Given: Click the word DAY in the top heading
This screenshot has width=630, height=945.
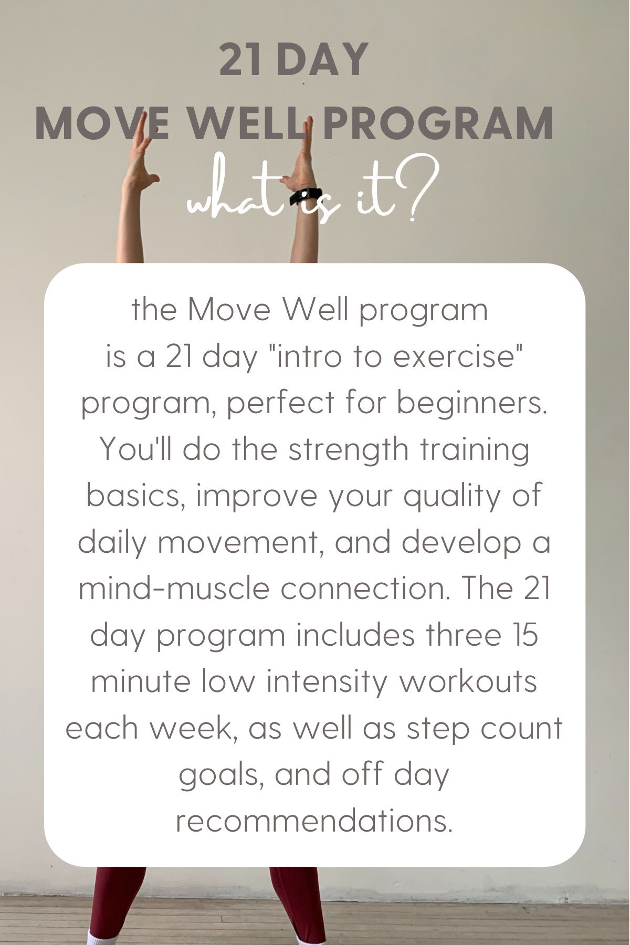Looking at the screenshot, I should point(321,60).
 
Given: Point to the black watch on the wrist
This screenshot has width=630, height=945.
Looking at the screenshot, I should point(308,196).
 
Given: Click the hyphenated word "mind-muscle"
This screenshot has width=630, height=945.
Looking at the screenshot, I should point(175,589).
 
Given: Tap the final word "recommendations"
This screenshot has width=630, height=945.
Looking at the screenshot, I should point(313,821).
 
